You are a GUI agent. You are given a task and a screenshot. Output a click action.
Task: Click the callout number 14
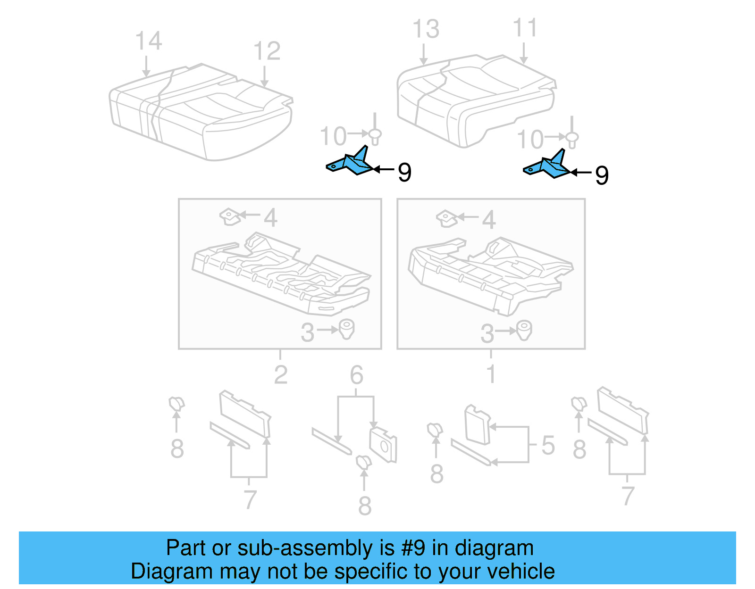coord(149,41)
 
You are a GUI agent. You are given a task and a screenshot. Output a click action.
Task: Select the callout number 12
coord(267,51)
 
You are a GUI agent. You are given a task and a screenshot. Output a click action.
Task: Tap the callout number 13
coord(426,29)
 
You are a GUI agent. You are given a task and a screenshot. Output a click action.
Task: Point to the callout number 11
coord(525,28)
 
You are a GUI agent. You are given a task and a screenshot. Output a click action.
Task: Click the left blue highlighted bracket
coord(352,163)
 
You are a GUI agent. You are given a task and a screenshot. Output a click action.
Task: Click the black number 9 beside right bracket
coord(602,175)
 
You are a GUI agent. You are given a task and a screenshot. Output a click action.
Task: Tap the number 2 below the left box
coord(281,375)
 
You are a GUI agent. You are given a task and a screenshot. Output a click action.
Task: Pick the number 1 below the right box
coord(491,374)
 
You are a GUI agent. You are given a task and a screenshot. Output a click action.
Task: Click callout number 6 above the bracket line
coord(356,375)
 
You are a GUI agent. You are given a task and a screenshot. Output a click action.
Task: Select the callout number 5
coord(548,445)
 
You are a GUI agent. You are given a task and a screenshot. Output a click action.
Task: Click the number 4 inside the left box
coord(270,218)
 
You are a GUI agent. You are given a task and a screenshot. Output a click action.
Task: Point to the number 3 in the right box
coord(487,334)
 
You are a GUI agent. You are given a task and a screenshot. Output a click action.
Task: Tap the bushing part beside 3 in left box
coord(347,329)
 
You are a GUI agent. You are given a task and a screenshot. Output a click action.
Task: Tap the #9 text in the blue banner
coord(413,548)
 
